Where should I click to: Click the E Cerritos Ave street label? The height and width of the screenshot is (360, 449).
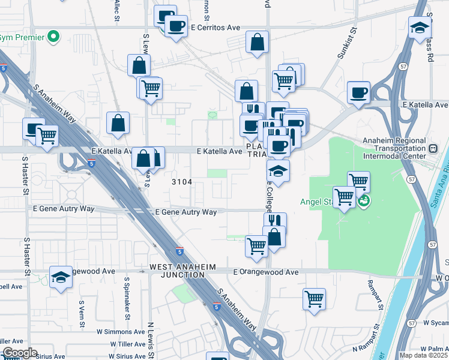pos(215,28)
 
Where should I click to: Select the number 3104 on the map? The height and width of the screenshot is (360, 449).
pos(182,181)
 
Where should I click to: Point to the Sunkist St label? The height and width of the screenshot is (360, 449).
pos(347,41)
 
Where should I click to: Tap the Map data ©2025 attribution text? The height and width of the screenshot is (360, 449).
pos(424,355)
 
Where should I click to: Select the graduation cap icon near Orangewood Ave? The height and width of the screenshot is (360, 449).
pos(61,277)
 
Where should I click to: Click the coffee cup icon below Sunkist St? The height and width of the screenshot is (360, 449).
pos(358,92)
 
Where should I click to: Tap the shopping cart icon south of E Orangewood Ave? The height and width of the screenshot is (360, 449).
pos(315,299)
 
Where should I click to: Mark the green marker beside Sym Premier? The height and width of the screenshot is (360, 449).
pos(53,37)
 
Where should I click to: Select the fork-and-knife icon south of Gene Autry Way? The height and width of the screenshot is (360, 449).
pos(275,222)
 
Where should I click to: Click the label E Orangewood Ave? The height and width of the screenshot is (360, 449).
pos(265,272)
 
